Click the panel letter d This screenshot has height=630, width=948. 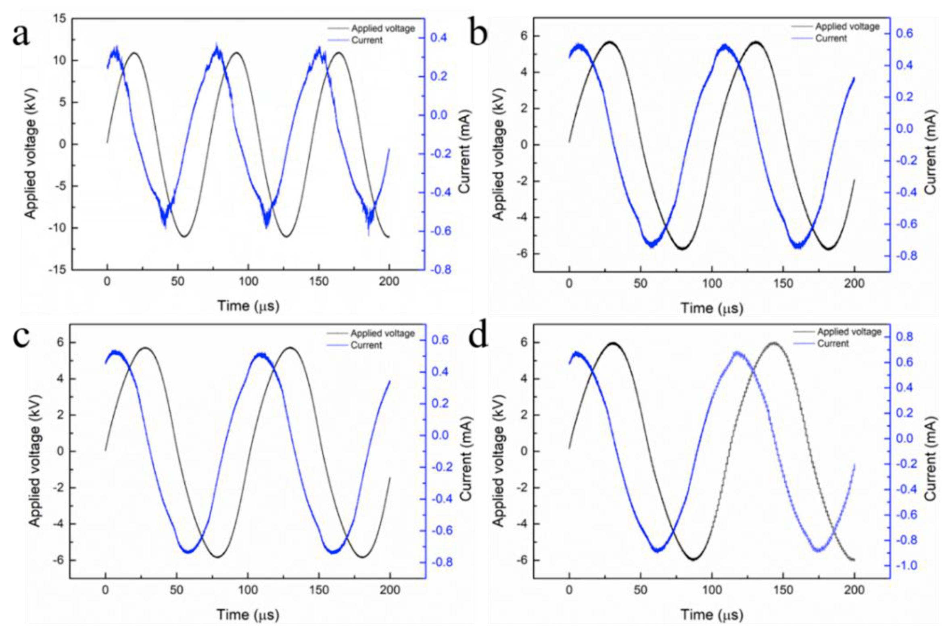pyautogui.click(x=478, y=336)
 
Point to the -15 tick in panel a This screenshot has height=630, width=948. pyautogui.click(x=58, y=270)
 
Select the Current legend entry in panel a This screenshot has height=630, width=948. pyautogui.click(x=366, y=40)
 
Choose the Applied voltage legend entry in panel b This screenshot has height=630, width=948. pyautogui.click(x=847, y=27)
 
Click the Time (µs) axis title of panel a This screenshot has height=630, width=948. pyautogui.click(x=248, y=306)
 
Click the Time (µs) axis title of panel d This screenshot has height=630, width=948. pyautogui.click(x=712, y=615)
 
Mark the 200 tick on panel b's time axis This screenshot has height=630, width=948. pyautogui.click(x=854, y=284)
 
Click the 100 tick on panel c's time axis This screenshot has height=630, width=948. pyautogui.click(x=247, y=590)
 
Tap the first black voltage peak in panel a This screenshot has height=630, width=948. pyautogui.click(x=134, y=52)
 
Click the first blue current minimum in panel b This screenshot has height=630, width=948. pyautogui.click(x=652, y=243)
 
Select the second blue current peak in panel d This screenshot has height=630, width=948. pyautogui.click(x=737, y=353)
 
